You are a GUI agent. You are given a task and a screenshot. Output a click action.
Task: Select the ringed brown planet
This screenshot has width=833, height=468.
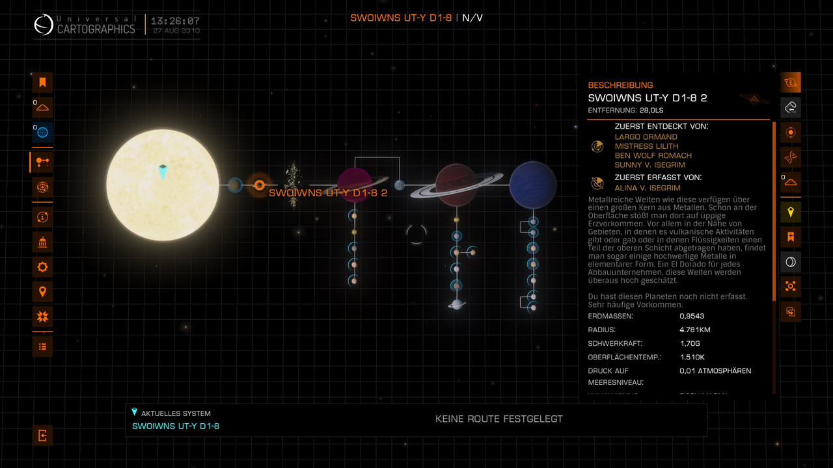tap(456, 185)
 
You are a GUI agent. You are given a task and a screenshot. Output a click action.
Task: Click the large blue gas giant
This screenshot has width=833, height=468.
tap(533, 185)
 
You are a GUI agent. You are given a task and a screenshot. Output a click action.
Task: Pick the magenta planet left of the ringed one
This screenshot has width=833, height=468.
tap(354, 185)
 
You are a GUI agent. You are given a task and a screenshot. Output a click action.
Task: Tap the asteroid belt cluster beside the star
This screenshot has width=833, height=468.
tap(293, 185)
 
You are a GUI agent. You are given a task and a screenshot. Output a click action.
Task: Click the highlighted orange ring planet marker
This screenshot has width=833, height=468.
tap(259, 185)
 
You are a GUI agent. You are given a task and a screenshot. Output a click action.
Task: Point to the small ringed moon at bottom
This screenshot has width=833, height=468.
tap(457, 304)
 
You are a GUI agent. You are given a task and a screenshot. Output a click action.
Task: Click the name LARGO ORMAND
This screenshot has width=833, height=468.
tap(646, 137)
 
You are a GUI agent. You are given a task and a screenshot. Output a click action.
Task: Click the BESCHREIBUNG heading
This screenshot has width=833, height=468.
tap(620, 85)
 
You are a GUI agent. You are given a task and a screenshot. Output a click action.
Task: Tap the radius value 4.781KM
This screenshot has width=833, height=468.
tap(694, 330)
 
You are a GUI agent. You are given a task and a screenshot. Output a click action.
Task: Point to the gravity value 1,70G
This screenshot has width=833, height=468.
tap(689, 343)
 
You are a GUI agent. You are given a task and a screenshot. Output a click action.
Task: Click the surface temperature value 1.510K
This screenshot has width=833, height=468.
tap(692, 357)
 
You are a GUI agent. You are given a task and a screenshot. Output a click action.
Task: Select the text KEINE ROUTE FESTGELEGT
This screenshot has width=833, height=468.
tap(499, 419)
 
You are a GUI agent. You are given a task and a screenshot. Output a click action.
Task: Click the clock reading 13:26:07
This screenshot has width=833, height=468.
tap(176, 21)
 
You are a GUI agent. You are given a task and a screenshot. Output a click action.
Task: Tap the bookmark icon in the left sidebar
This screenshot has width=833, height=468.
tap(42, 83)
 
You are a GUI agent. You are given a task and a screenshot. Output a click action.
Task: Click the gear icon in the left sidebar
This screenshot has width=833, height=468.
tap(42, 266)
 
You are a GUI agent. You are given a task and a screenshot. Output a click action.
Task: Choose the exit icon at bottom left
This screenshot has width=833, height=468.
tap(42, 435)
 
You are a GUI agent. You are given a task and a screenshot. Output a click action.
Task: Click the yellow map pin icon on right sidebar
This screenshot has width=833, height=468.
tap(791, 212)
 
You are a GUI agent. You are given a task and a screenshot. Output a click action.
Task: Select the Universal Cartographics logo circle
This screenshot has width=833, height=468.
tap(44, 25)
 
